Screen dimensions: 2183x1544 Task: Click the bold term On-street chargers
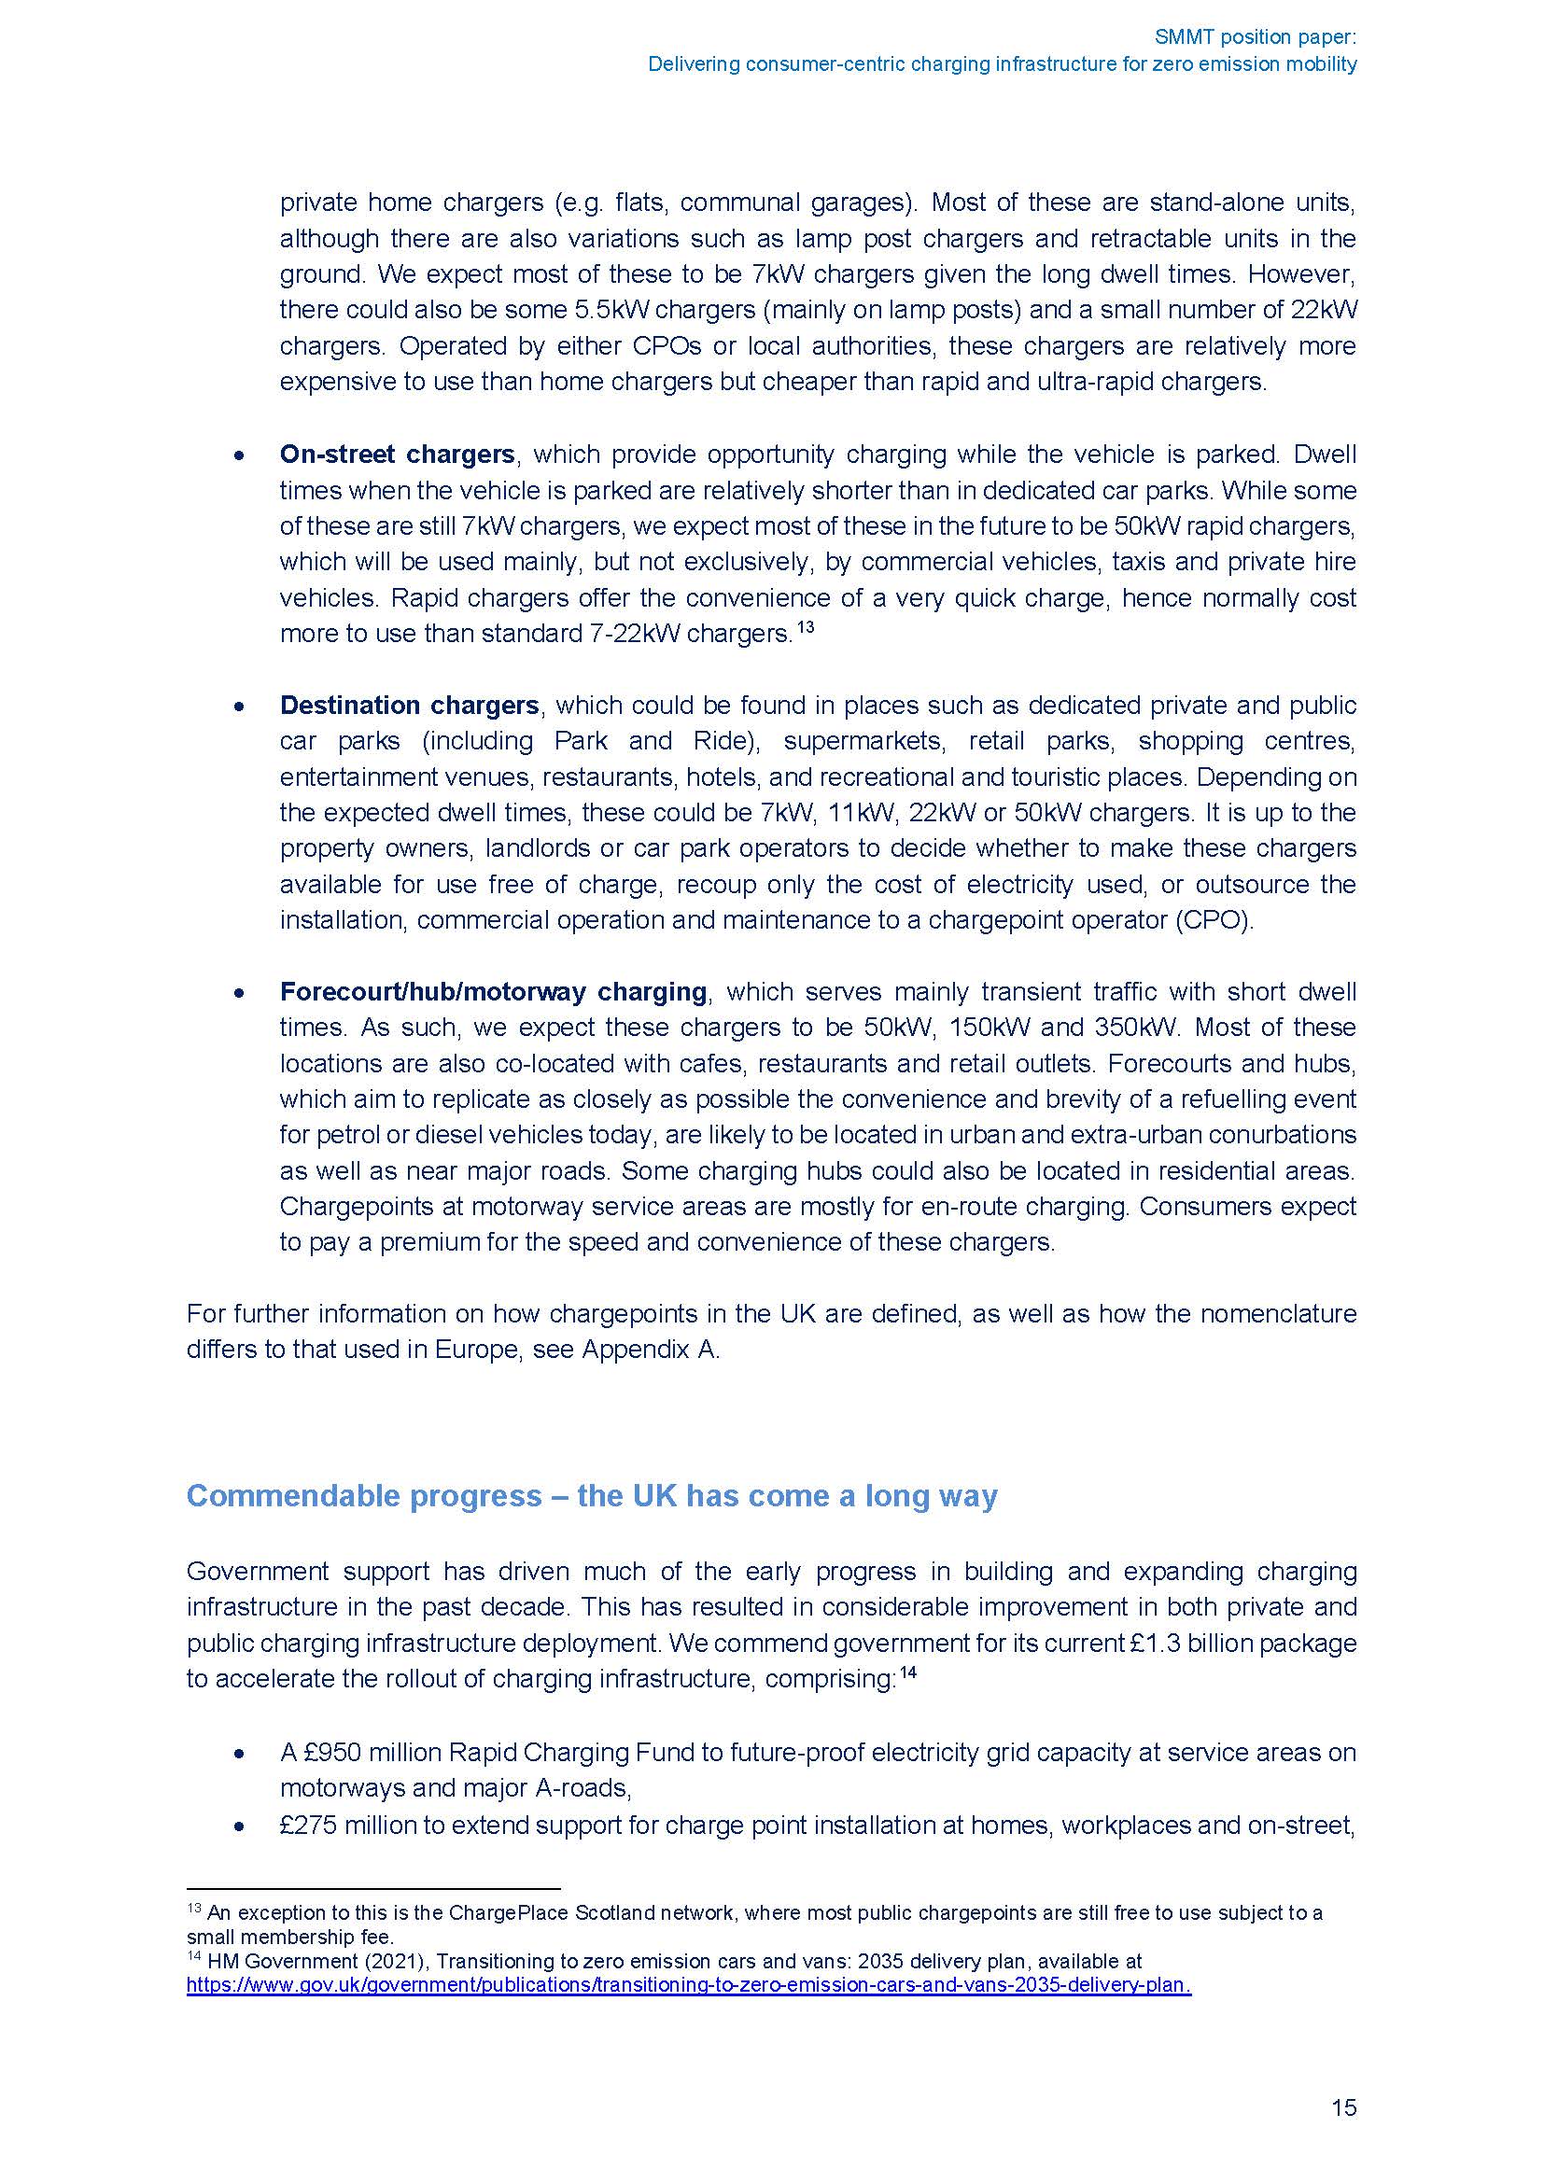[397, 455]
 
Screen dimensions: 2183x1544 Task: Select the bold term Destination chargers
[409, 706]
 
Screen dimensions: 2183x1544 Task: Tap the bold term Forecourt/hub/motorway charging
[493, 992]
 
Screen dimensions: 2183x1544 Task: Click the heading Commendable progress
[591, 1495]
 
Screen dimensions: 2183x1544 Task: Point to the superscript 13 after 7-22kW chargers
[805, 627]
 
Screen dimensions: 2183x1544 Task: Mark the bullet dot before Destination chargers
[240, 707]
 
